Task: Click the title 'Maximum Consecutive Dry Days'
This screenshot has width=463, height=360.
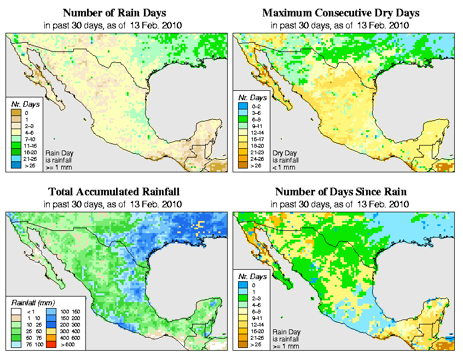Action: (341, 13)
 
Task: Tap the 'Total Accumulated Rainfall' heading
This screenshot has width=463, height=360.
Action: (114, 192)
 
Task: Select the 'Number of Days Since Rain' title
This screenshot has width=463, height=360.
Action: (341, 192)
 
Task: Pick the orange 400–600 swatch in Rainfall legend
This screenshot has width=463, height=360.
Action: (51, 339)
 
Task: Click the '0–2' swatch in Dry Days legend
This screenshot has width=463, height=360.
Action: (241, 105)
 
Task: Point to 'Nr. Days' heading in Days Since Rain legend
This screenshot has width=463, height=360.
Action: (253, 276)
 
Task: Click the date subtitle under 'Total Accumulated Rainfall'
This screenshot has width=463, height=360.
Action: (114, 204)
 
